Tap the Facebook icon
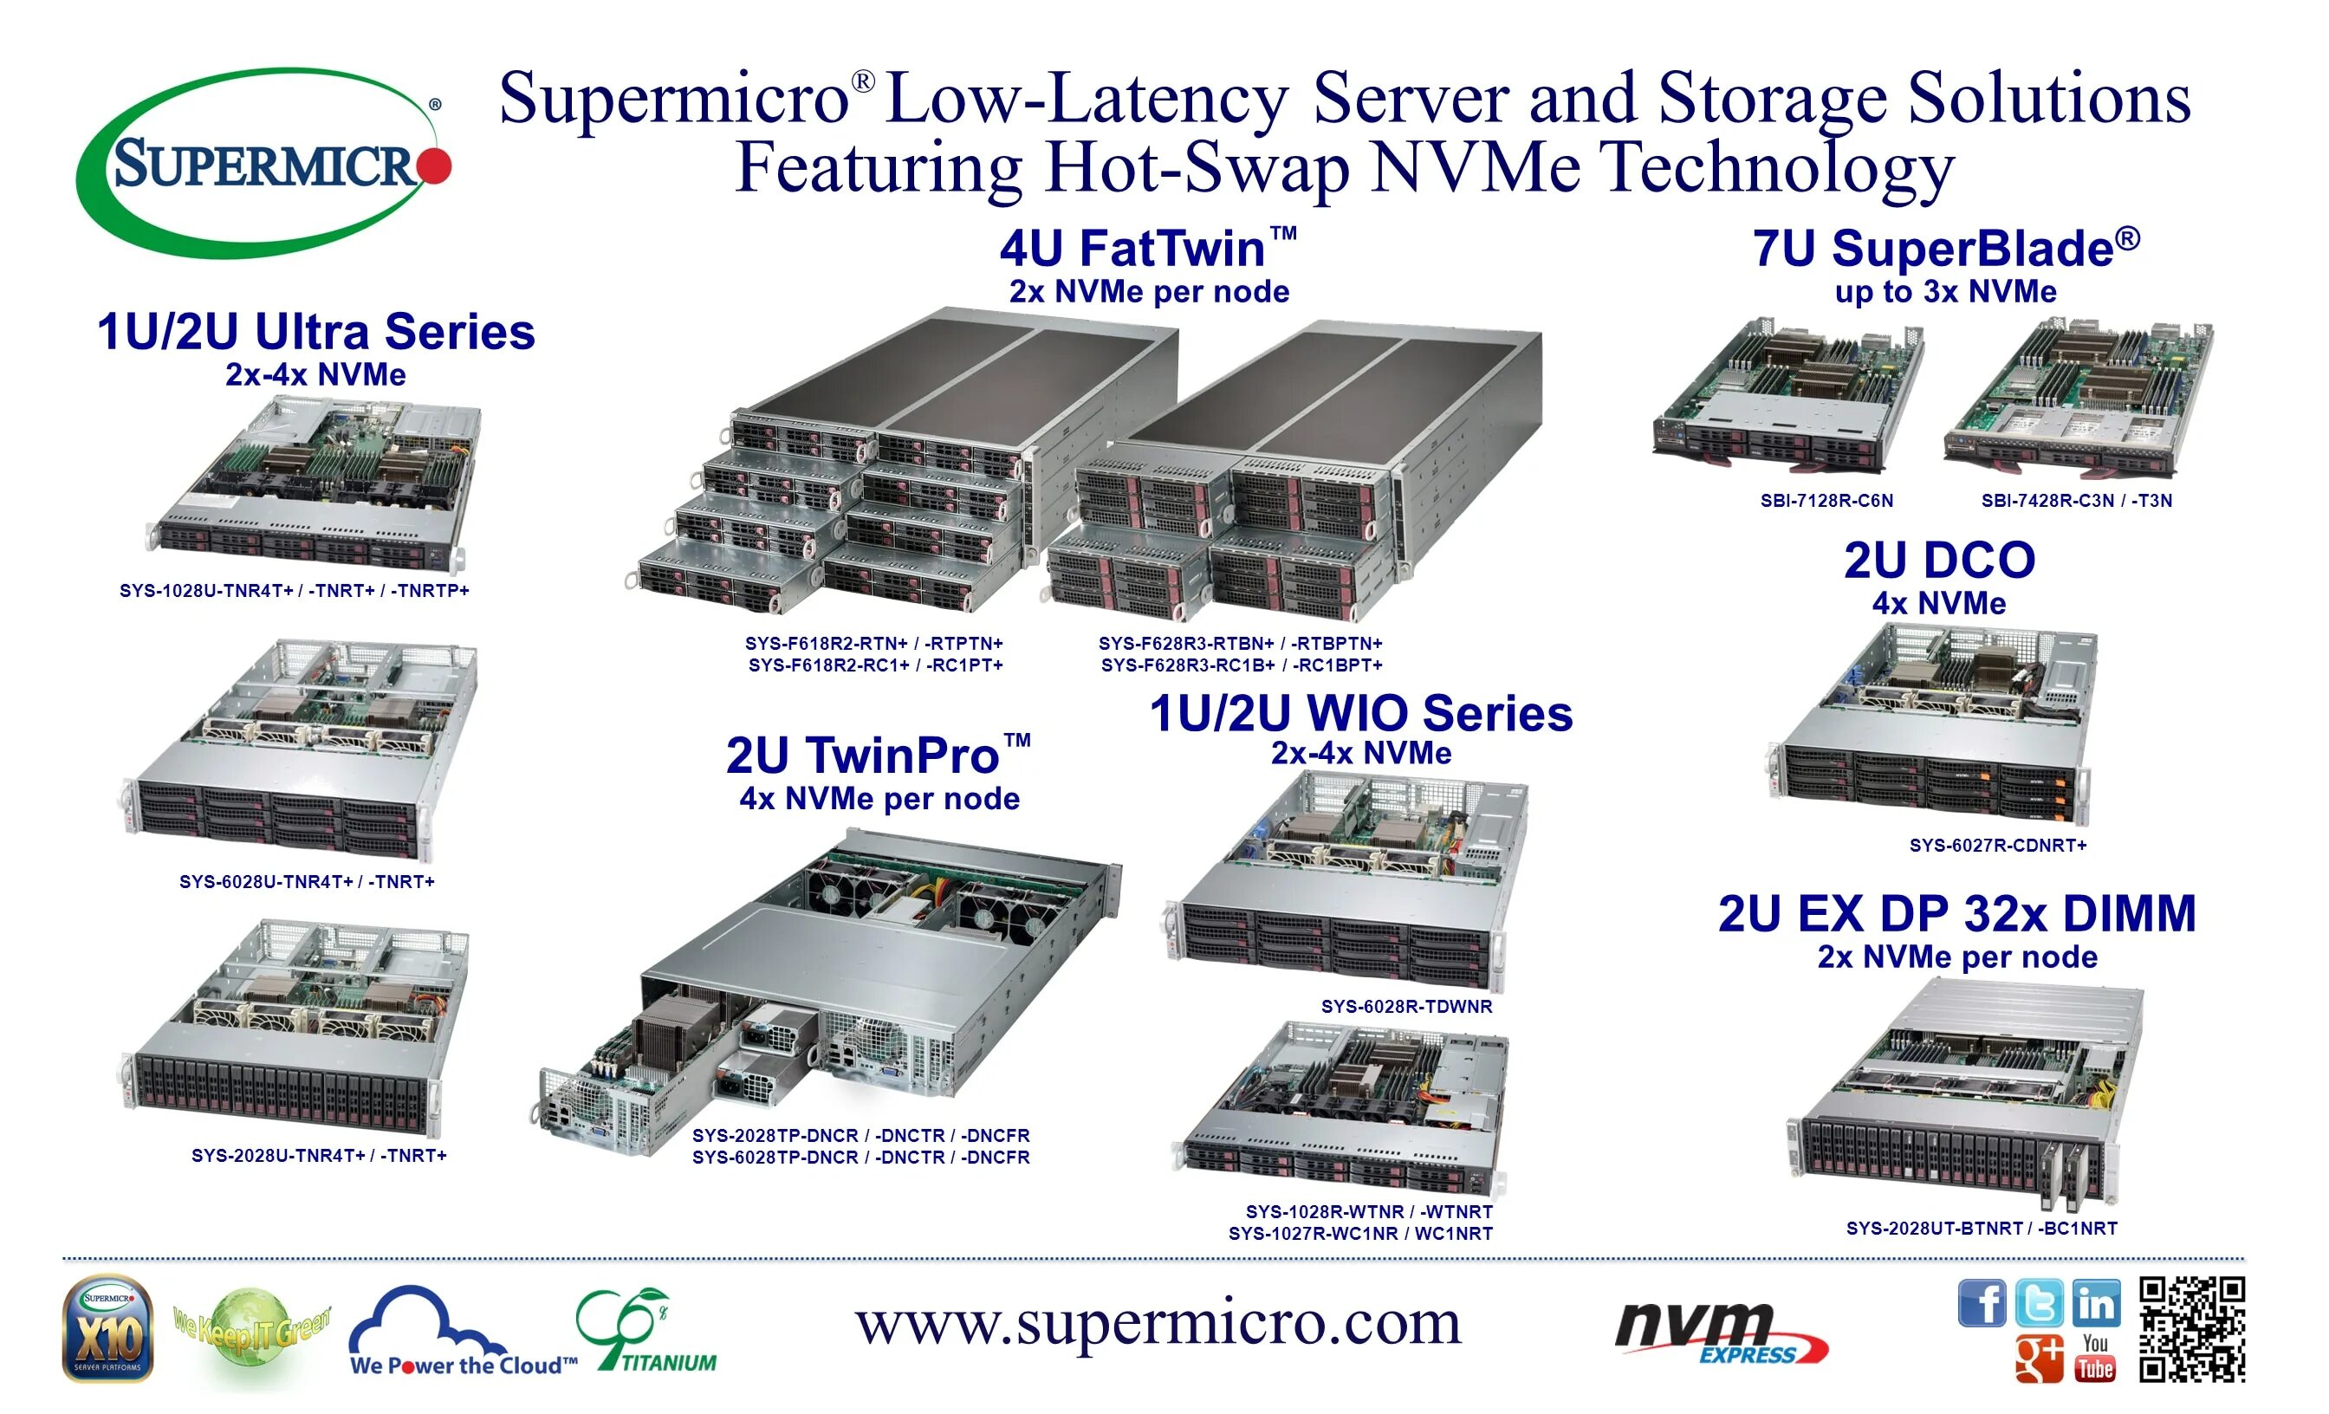(1982, 1303)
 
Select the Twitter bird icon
(2039, 1303)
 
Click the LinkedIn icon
(2096, 1303)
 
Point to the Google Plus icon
(2039, 1359)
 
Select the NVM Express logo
(1720, 1333)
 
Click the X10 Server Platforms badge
(107, 1329)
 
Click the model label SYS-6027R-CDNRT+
(1997, 845)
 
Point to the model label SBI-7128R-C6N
(1826, 501)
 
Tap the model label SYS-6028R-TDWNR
(1406, 1007)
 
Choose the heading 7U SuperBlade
(1946, 249)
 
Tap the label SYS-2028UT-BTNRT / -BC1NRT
(1982, 1228)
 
